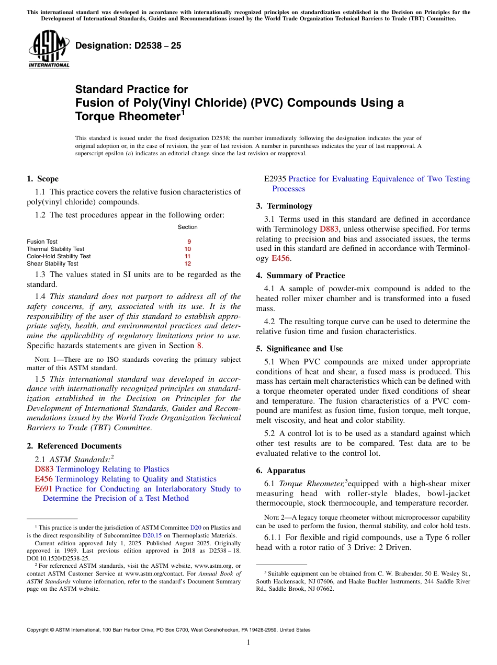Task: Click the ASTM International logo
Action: pos(49,49)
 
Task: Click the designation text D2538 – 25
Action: pos(128,45)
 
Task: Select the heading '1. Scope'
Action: pos(42,179)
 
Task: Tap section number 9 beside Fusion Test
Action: pos(189,242)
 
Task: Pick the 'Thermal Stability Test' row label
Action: pos(55,249)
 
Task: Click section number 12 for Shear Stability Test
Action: pos(188,263)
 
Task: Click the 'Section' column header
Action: pos(188,227)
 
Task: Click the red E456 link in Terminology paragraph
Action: pos(280,258)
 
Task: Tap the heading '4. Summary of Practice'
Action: pos(300,276)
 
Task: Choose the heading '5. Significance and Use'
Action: pos(299,349)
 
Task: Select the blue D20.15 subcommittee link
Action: pos(151,535)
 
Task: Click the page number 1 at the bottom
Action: pos(249,642)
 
